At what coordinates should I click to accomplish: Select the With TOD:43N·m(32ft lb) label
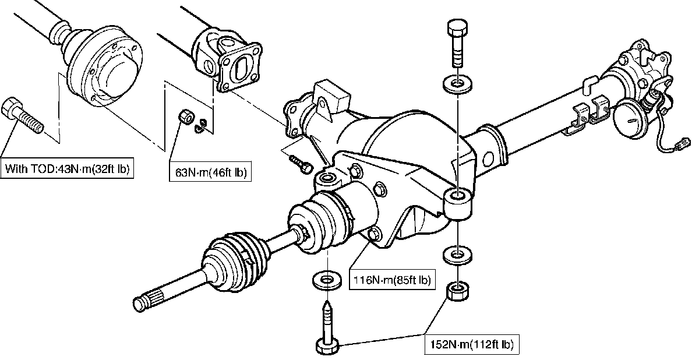pos(67,170)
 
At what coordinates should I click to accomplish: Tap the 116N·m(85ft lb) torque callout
pos(392,280)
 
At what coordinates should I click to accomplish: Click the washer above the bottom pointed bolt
pos(327,280)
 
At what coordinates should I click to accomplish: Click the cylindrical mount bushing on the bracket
pos(457,204)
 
